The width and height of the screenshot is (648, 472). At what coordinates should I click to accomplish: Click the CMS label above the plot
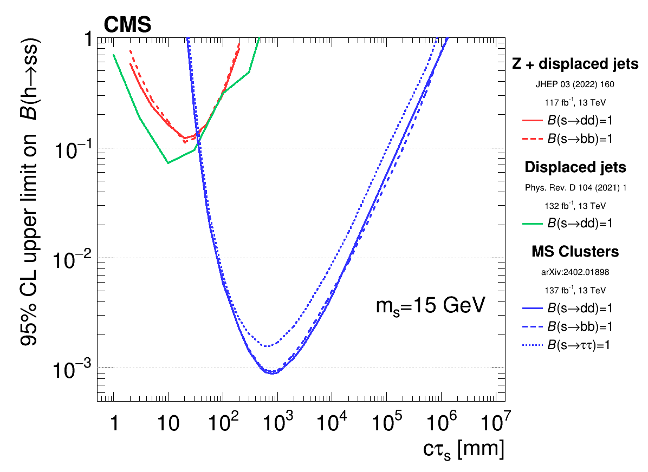[x=127, y=24]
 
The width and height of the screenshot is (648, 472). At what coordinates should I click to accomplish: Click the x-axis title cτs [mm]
[x=463, y=449]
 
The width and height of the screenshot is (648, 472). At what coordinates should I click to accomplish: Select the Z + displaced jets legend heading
[x=575, y=64]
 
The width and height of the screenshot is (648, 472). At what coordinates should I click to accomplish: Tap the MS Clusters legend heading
[x=575, y=252]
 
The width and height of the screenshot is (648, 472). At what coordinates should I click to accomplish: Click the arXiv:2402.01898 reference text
[x=575, y=272]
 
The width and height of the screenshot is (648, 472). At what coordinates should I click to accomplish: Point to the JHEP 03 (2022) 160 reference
[x=575, y=84]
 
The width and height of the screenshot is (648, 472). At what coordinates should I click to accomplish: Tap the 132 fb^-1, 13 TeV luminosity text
[x=575, y=206]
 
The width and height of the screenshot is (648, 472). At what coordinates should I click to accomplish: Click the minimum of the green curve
[x=168, y=162]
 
